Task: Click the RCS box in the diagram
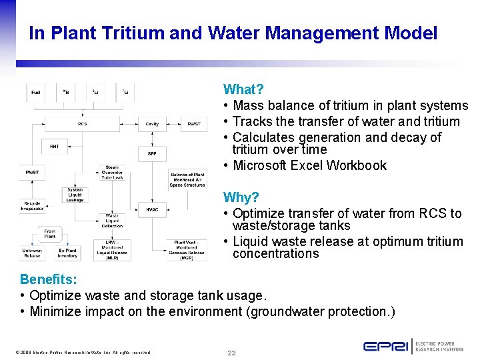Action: coord(83,123)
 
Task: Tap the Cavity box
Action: coord(152,123)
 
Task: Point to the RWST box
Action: coord(193,123)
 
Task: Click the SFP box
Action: coord(152,153)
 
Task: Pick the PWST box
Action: coord(32,173)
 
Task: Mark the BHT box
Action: coord(55,145)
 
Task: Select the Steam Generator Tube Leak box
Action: coord(112,173)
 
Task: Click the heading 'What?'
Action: coord(243,89)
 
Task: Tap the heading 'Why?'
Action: coord(241,197)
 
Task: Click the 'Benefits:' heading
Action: coord(45,279)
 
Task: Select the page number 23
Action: coord(231,353)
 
